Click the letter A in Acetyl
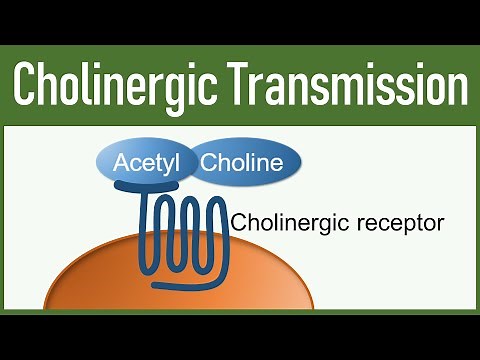point(121,163)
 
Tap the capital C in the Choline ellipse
point(211,163)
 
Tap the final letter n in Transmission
point(455,84)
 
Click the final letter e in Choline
point(278,164)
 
